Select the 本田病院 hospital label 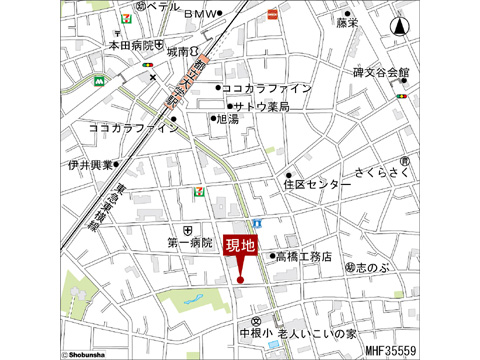click(132, 45)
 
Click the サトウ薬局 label click(260, 106)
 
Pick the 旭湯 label click(227, 119)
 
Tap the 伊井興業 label click(89, 164)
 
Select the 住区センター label click(317, 184)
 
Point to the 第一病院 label click(190, 242)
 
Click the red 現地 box click(240, 245)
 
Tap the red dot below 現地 click(240, 279)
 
